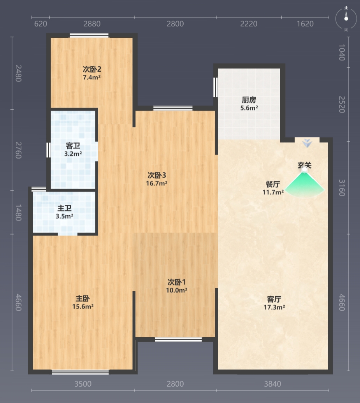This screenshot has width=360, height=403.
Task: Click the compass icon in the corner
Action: point(346,19)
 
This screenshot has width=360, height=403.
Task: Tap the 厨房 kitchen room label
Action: point(249,100)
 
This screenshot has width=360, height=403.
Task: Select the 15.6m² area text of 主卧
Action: point(83,306)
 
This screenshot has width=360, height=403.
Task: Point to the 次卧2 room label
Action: point(92,69)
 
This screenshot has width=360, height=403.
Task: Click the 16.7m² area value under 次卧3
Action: point(157,183)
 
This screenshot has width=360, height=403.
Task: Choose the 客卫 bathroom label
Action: point(73,146)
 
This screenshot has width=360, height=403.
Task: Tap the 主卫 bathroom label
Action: point(64,208)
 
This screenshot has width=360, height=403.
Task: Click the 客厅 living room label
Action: point(274,299)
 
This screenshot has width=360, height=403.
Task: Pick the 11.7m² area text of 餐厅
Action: point(273,192)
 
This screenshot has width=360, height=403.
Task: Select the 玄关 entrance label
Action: point(304,165)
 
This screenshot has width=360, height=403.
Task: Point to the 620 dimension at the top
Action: point(40,24)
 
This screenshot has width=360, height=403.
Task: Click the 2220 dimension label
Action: point(249,24)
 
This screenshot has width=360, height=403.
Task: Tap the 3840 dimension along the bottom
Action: point(273,384)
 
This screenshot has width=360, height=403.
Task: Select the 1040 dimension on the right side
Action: point(341,53)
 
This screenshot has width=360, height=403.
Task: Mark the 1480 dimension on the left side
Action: point(18,213)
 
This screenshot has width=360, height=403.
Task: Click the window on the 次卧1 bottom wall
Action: point(179,340)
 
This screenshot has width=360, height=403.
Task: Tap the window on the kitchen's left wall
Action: point(215,87)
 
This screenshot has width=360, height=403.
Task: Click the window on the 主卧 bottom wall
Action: point(81,372)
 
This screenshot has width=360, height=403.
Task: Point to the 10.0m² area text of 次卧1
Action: point(177,290)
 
